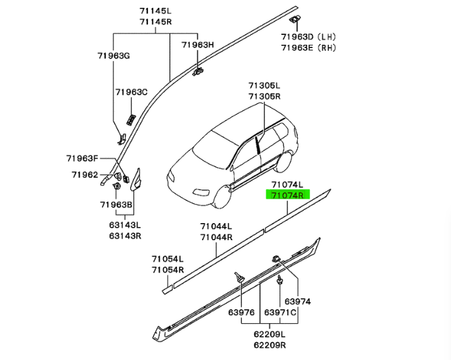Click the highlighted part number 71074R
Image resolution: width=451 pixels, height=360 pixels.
coord(285,195)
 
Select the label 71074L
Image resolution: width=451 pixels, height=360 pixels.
coord(285,185)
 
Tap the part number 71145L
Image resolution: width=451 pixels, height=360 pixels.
coord(155,11)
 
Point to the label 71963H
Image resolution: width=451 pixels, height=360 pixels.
coord(198,45)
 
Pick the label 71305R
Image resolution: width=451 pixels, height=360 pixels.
coord(264,96)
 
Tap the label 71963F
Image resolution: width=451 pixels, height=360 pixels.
coord(82,158)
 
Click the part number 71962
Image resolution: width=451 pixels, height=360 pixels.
coord(84,174)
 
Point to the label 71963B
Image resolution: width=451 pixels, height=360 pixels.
coord(116,205)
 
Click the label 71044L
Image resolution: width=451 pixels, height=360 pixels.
coord(216,226)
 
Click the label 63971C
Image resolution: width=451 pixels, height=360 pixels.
coord(281,311)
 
